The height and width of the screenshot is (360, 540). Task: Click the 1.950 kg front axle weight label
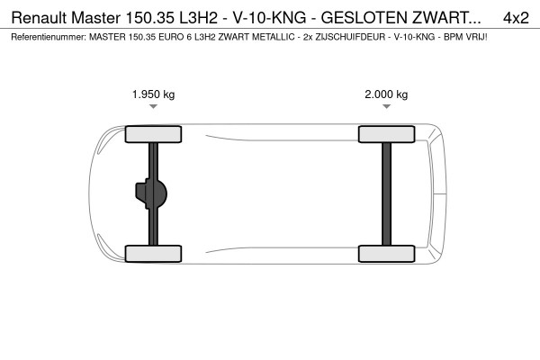coord(153,94)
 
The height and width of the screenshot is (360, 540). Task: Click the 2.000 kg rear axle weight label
coord(386,94)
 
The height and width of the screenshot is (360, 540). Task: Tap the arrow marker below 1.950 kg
coord(154,107)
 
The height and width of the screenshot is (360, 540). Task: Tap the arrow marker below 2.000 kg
coord(386,107)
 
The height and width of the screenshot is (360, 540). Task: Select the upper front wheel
coord(153,135)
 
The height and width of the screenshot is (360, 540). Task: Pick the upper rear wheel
coord(386,135)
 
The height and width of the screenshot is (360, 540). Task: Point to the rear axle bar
coord(386,193)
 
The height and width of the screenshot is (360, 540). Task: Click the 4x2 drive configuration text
coord(516,17)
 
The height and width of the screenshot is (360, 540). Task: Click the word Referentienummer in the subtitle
coord(46,39)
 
